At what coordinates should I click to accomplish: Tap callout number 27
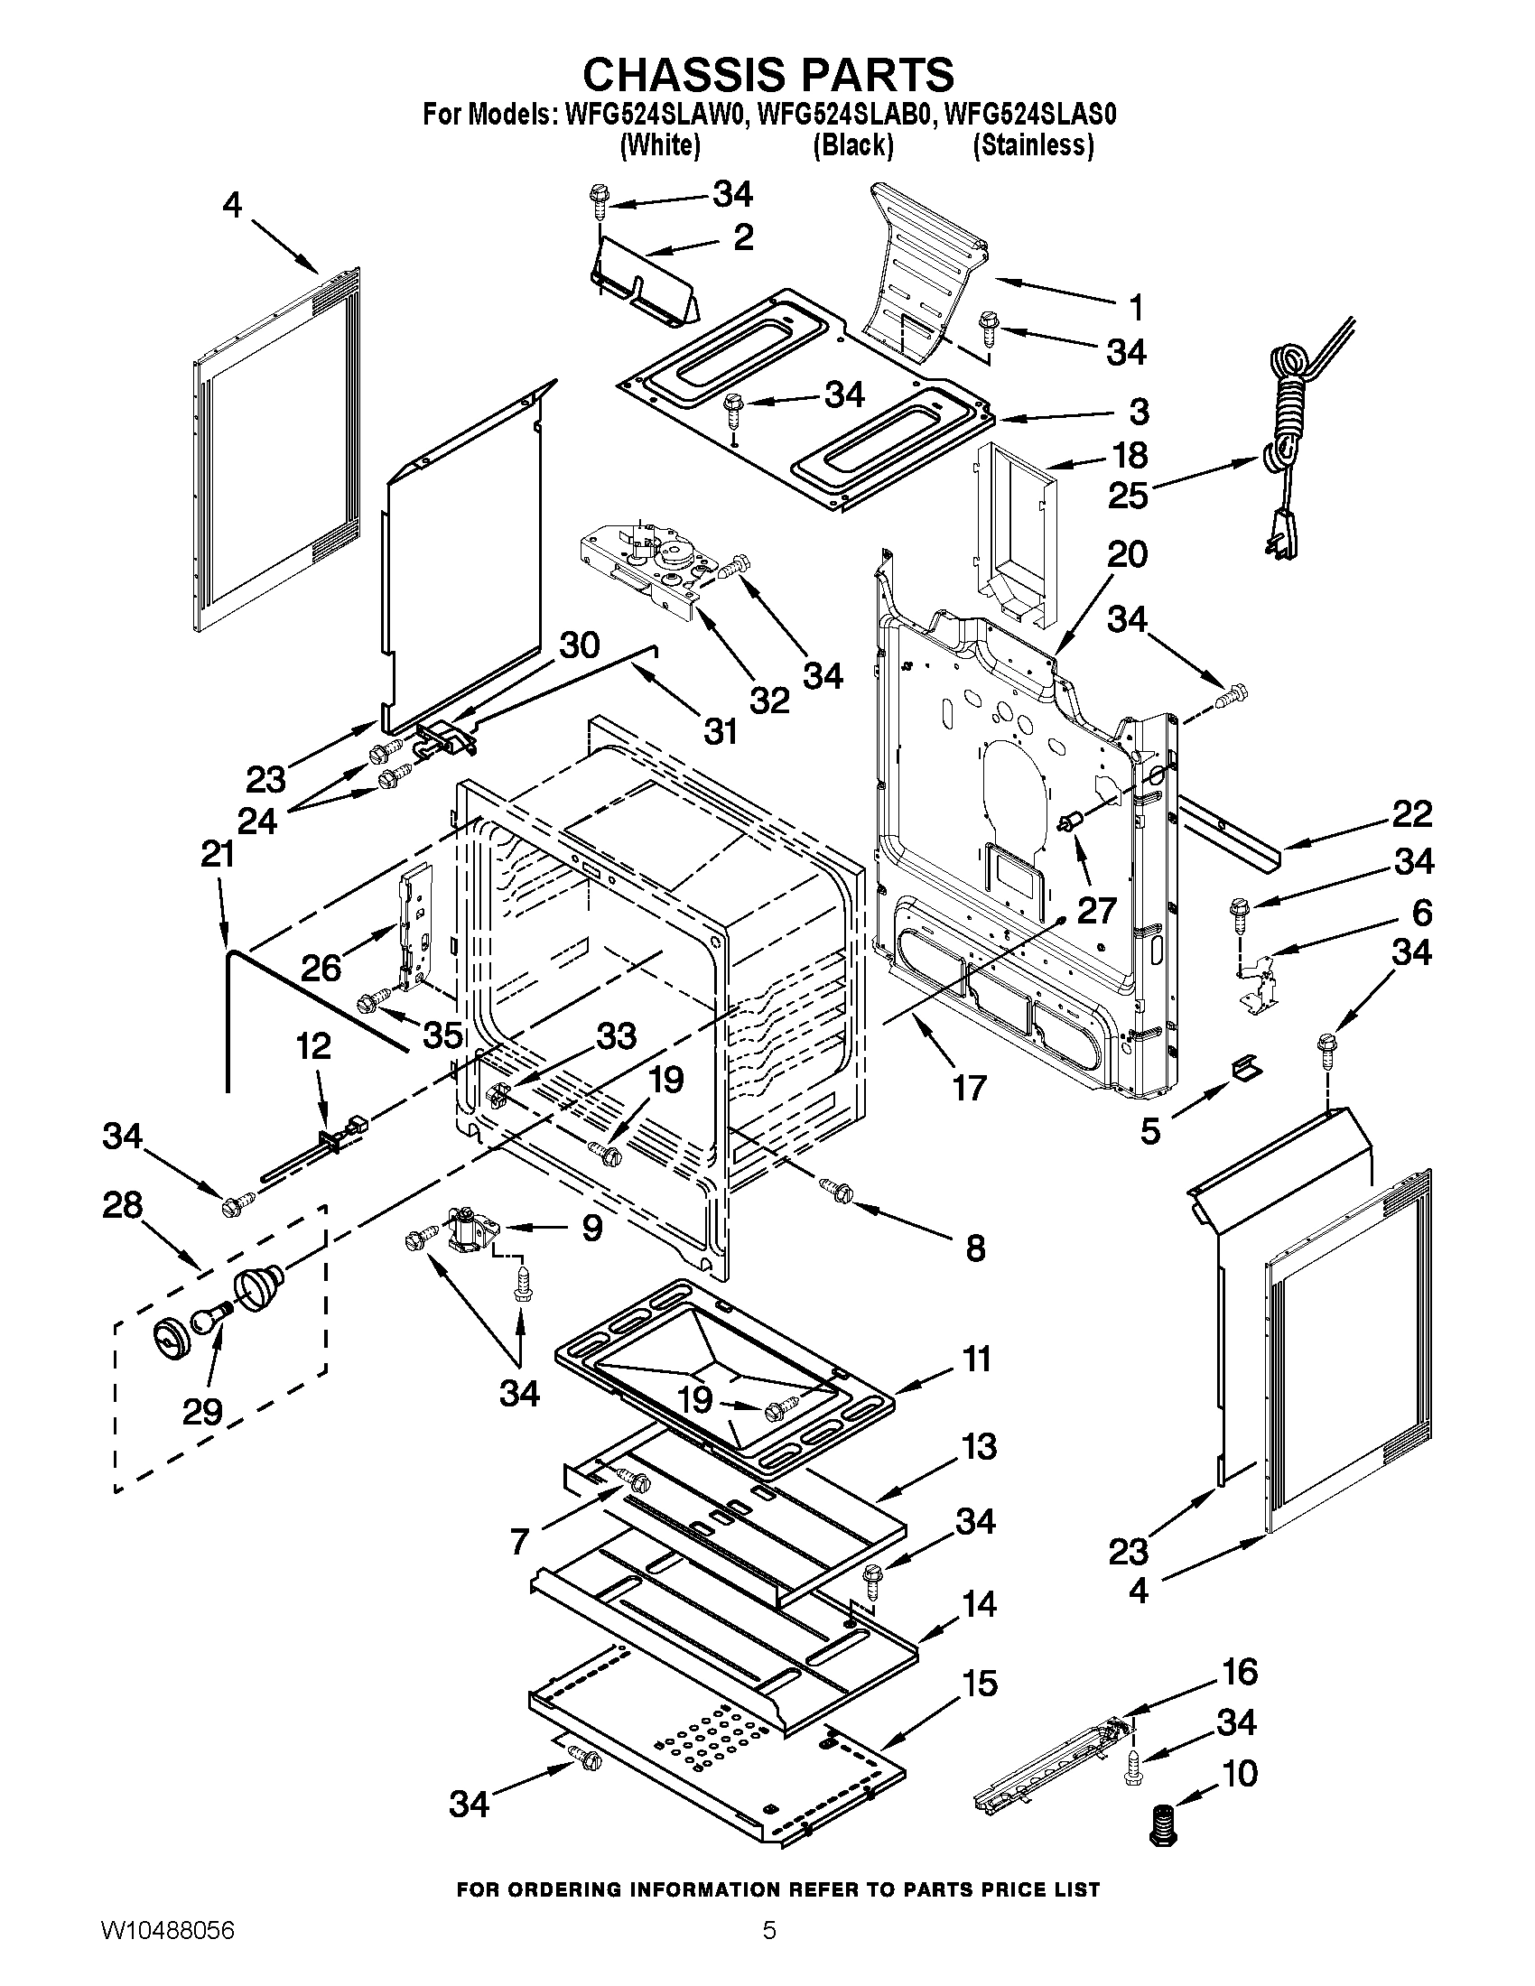point(1096,909)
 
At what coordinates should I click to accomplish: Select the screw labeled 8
point(835,1187)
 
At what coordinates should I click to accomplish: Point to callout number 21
point(218,855)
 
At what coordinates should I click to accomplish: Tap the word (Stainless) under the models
point(1033,145)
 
